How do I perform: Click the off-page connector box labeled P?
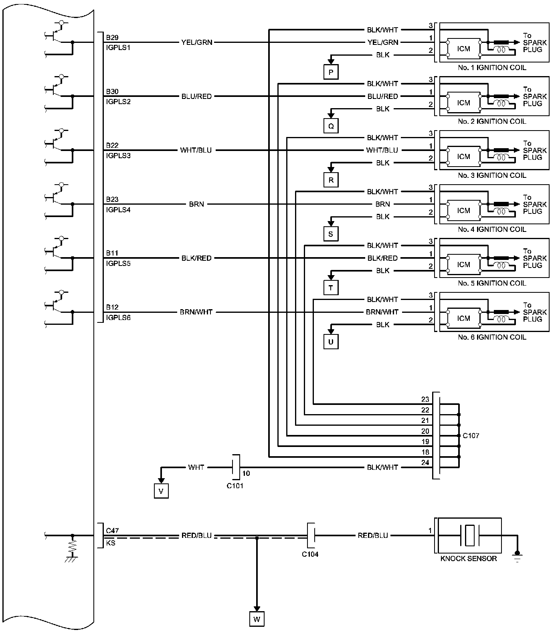(x=331, y=72)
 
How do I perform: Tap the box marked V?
(x=161, y=491)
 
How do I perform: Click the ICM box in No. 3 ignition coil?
(x=463, y=157)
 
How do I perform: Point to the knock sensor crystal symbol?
(x=469, y=535)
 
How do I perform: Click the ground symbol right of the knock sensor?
(x=518, y=556)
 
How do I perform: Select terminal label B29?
(x=112, y=38)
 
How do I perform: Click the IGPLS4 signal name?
(x=118, y=209)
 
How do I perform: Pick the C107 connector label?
(x=471, y=436)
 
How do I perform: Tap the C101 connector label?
(x=235, y=486)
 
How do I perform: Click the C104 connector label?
(x=310, y=554)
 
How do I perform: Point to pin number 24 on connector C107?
(x=425, y=463)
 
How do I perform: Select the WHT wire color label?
(x=196, y=467)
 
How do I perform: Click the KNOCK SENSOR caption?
(x=468, y=559)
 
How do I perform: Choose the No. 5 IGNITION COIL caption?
(x=492, y=283)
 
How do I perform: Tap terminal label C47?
(x=112, y=531)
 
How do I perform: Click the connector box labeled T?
(x=331, y=288)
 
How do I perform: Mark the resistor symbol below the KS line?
(x=73, y=547)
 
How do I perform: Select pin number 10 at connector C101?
(x=246, y=473)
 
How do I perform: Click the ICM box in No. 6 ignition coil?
(x=463, y=318)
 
